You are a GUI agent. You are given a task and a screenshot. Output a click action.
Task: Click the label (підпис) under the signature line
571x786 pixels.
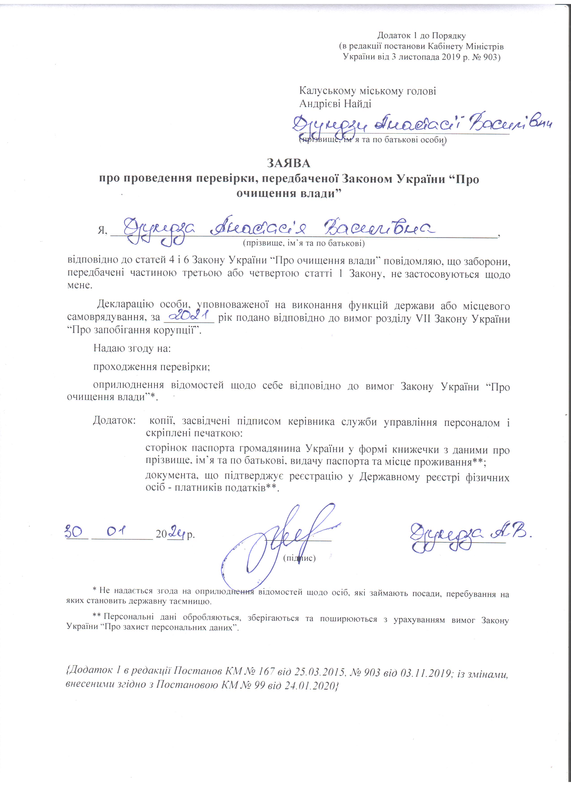(x=299, y=558)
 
